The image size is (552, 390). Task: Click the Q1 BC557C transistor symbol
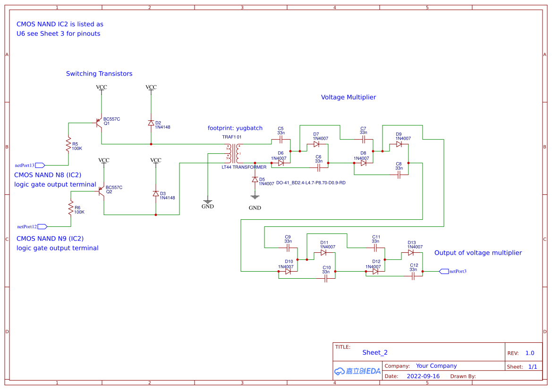pos(100,123)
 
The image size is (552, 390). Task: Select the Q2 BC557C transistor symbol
pos(102,191)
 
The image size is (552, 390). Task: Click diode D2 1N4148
pos(151,123)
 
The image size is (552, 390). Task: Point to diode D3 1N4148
pos(156,193)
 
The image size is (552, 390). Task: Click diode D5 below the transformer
pos(255,179)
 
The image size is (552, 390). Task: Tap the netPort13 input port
pos(40,165)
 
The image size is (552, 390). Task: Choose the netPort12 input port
pos(42,226)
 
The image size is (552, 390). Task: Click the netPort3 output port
pos(444,271)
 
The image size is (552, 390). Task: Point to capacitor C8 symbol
pos(399,174)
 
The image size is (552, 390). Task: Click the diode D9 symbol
pos(399,144)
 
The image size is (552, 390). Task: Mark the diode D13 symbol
pos(411,252)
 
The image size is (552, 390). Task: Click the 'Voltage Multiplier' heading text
pos(348,97)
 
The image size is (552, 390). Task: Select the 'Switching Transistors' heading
pos(99,74)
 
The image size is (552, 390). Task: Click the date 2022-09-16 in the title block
pos(423,376)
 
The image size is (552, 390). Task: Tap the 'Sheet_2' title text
pos(375,352)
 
